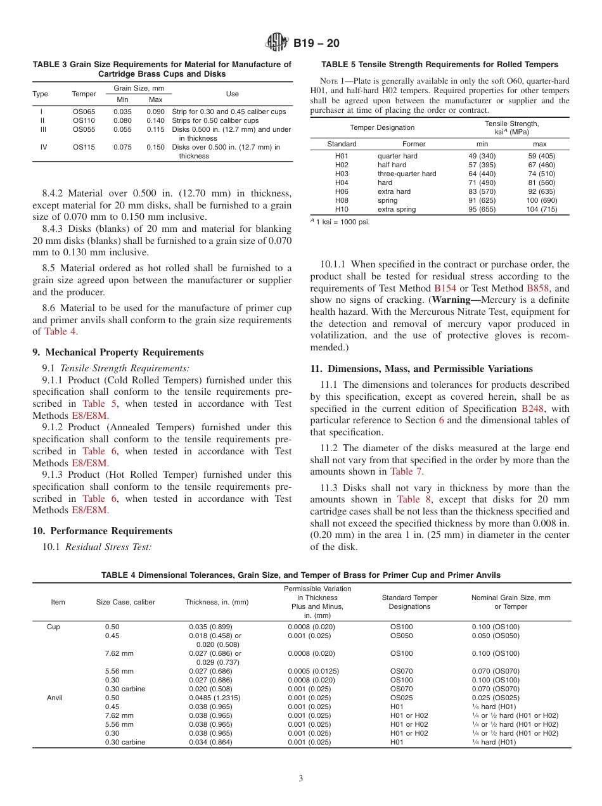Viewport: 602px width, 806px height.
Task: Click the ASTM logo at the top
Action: pos(276,43)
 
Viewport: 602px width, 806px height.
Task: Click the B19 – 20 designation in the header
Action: pos(316,43)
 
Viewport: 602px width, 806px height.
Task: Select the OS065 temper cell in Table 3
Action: pos(84,112)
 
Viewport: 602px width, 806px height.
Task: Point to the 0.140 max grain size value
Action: pos(155,120)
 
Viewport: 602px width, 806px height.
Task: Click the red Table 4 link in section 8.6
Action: pos(60,331)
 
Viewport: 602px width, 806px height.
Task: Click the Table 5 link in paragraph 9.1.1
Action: pos(94,404)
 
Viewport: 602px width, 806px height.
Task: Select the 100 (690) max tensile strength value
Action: pos(541,200)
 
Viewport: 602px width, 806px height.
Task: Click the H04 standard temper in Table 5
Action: pos(342,182)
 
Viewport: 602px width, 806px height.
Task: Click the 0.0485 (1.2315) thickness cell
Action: pos(215,698)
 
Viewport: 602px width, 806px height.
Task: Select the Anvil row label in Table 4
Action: pos(54,698)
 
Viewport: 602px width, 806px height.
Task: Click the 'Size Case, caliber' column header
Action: pos(125,602)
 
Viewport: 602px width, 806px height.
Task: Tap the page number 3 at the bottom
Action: pos(301,778)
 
